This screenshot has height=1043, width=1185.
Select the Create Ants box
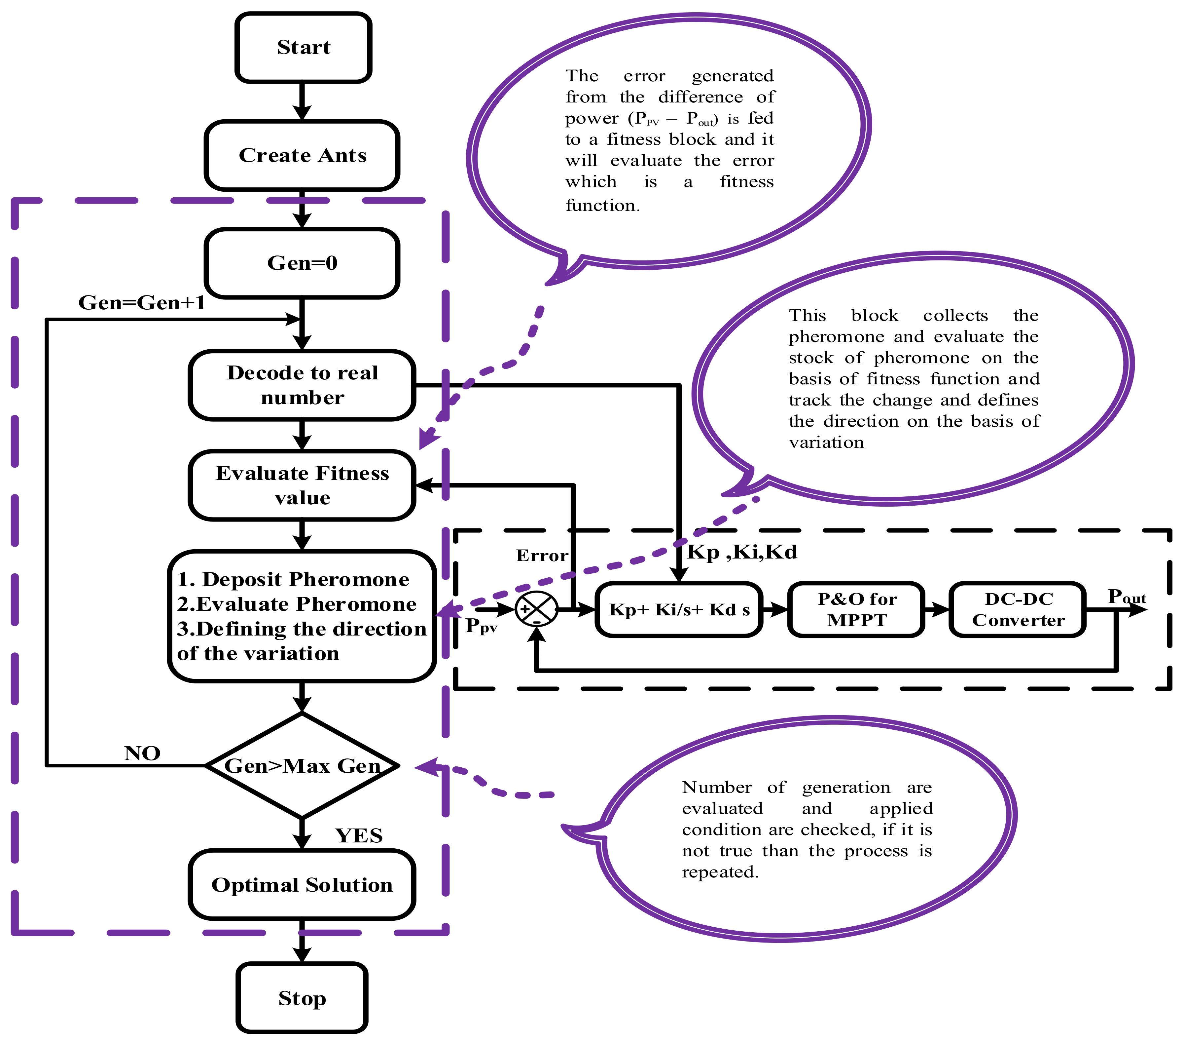302,155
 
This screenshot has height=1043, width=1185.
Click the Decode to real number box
302,385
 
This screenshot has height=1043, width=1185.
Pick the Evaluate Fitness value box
302,485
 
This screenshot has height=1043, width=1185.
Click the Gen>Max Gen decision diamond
302,766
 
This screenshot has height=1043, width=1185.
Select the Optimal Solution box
302,885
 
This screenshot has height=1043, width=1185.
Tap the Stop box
302,998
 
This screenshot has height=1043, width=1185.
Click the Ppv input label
481,627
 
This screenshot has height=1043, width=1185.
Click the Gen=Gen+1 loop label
142,303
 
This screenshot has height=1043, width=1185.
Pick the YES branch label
359,836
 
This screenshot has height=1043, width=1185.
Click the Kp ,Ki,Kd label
742,552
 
